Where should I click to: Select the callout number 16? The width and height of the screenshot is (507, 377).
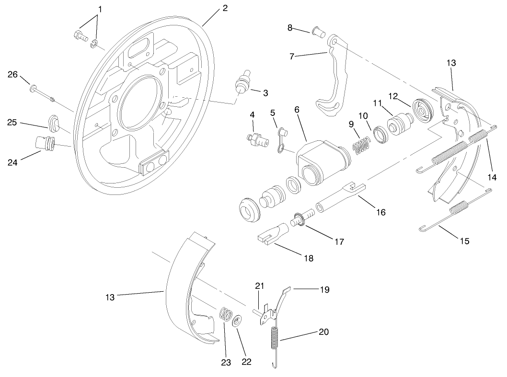pyautogui.click(x=380, y=212)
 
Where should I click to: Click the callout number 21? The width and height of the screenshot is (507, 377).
pyautogui.click(x=259, y=286)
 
